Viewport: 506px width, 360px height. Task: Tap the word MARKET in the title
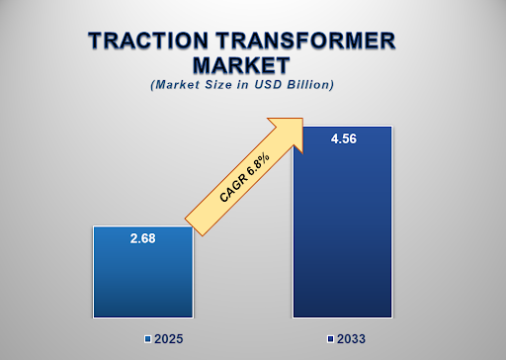pyautogui.click(x=242, y=65)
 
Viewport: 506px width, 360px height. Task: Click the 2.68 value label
pyautogui.click(x=142, y=238)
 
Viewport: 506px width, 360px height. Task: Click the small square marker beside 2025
pyautogui.click(x=147, y=339)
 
